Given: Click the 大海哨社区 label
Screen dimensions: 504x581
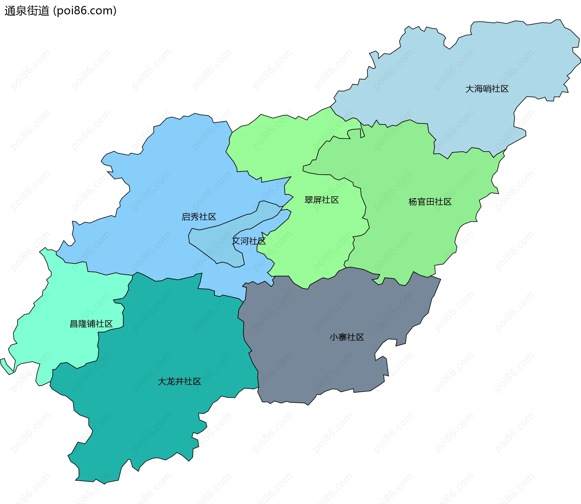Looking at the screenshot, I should (x=487, y=89).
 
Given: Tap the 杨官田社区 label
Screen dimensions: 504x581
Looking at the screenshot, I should (x=430, y=202).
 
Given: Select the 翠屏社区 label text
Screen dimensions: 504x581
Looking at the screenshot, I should (x=321, y=200).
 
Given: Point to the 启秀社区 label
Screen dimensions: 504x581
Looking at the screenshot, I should (x=199, y=217).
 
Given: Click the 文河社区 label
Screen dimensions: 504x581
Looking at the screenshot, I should (x=249, y=241).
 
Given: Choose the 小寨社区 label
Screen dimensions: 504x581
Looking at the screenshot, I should (x=347, y=337).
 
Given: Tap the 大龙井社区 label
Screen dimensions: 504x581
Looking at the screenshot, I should (x=179, y=381).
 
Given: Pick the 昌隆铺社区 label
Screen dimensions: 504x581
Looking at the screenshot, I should (x=91, y=324).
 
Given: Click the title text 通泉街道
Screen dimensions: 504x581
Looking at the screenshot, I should (x=27, y=11).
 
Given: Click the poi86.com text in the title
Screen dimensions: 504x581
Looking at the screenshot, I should (x=85, y=11).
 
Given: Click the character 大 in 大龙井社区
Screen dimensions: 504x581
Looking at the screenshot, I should (x=162, y=381).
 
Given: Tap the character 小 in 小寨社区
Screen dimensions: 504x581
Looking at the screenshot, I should (x=334, y=337).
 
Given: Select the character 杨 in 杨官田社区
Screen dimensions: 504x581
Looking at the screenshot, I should (x=413, y=202).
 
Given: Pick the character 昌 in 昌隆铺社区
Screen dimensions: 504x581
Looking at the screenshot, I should (x=74, y=324).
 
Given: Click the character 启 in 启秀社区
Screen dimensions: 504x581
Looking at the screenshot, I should (x=186, y=217).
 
